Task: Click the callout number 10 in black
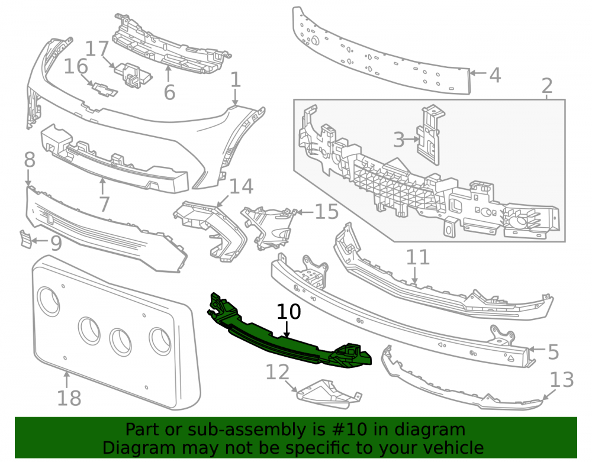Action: [289, 312]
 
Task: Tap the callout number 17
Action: [97, 50]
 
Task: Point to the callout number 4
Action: [495, 75]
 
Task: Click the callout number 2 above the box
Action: [547, 86]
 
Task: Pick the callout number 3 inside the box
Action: [398, 140]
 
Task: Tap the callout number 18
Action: [69, 398]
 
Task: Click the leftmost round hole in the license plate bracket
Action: [49, 301]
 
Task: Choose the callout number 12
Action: [278, 372]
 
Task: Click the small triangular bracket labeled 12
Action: [328, 395]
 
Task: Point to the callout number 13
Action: [562, 380]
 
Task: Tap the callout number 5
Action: [553, 352]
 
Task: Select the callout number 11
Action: [418, 257]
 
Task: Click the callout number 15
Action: [327, 212]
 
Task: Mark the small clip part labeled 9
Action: [26, 239]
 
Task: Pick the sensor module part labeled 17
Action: [133, 76]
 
